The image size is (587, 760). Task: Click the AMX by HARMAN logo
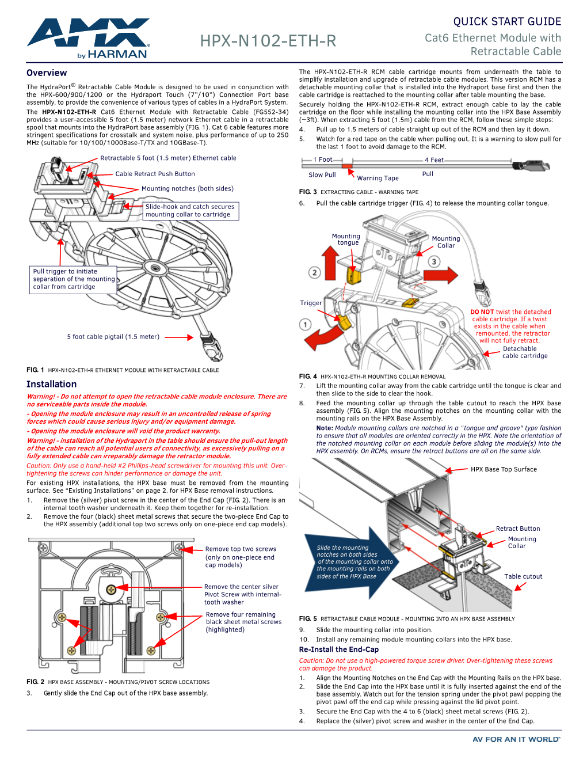pyautogui.click(x=88, y=38)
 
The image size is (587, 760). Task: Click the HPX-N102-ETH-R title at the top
pyautogui.click(x=268, y=41)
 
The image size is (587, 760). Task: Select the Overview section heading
pyautogui.click(x=47, y=73)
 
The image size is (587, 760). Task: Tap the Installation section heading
pyautogui.click(x=51, y=384)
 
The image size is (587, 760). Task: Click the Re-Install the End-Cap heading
pyautogui.click(x=338, y=649)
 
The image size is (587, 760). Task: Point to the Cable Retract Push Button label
pyautogui.click(x=155, y=174)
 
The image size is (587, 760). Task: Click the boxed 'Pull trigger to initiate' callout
pyautogui.click(x=73, y=279)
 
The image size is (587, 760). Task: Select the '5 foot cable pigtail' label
pyautogui.click(x=113, y=337)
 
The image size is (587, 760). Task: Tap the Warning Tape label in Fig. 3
pyautogui.click(x=378, y=178)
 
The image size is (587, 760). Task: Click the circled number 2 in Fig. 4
pyautogui.click(x=314, y=272)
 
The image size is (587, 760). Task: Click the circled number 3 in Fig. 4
pyautogui.click(x=434, y=261)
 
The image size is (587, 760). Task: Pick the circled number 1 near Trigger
pyautogui.click(x=306, y=325)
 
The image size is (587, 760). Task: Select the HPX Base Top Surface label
pyautogui.click(x=504, y=469)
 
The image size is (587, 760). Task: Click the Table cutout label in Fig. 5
pyautogui.click(x=523, y=576)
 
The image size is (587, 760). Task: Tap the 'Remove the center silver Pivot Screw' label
pyautogui.click(x=242, y=594)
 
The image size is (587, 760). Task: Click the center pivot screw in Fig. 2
pyautogui.click(x=112, y=589)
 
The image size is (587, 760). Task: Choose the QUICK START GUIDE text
pyautogui.click(x=507, y=22)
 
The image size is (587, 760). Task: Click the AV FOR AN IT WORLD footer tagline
pyautogui.click(x=516, y=740)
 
